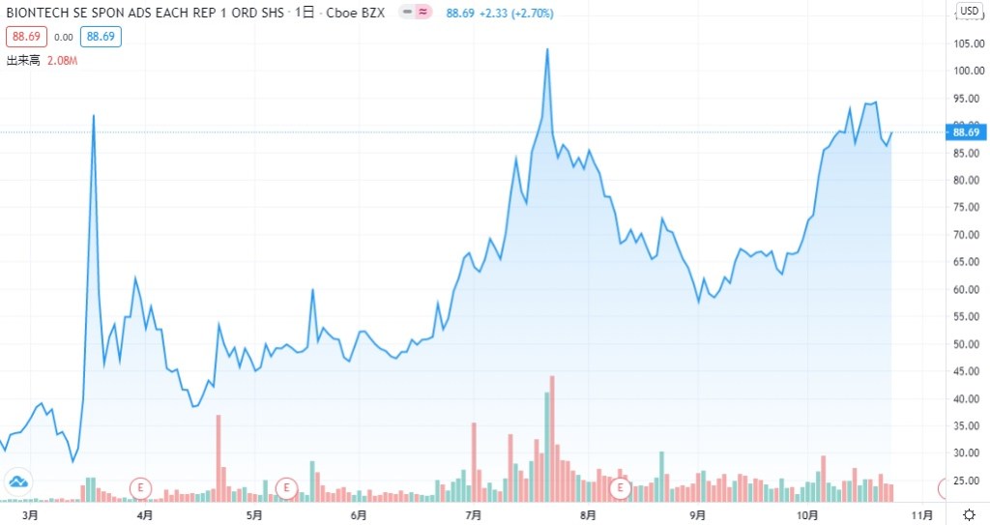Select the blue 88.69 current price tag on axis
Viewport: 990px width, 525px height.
pos(967,132)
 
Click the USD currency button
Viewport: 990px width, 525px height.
pos(970,12)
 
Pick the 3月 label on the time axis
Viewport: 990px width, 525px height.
pos(30,515)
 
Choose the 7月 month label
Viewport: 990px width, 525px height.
pos(474,515)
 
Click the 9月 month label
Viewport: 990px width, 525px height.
pos(698,515)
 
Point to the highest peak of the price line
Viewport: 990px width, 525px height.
pos(547,49)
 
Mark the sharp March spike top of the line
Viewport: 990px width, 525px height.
pos(93,116)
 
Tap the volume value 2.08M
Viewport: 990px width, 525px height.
pos(62,60)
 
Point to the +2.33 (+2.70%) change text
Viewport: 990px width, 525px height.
pos(511,13)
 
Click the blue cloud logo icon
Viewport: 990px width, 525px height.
pos(17,481)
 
